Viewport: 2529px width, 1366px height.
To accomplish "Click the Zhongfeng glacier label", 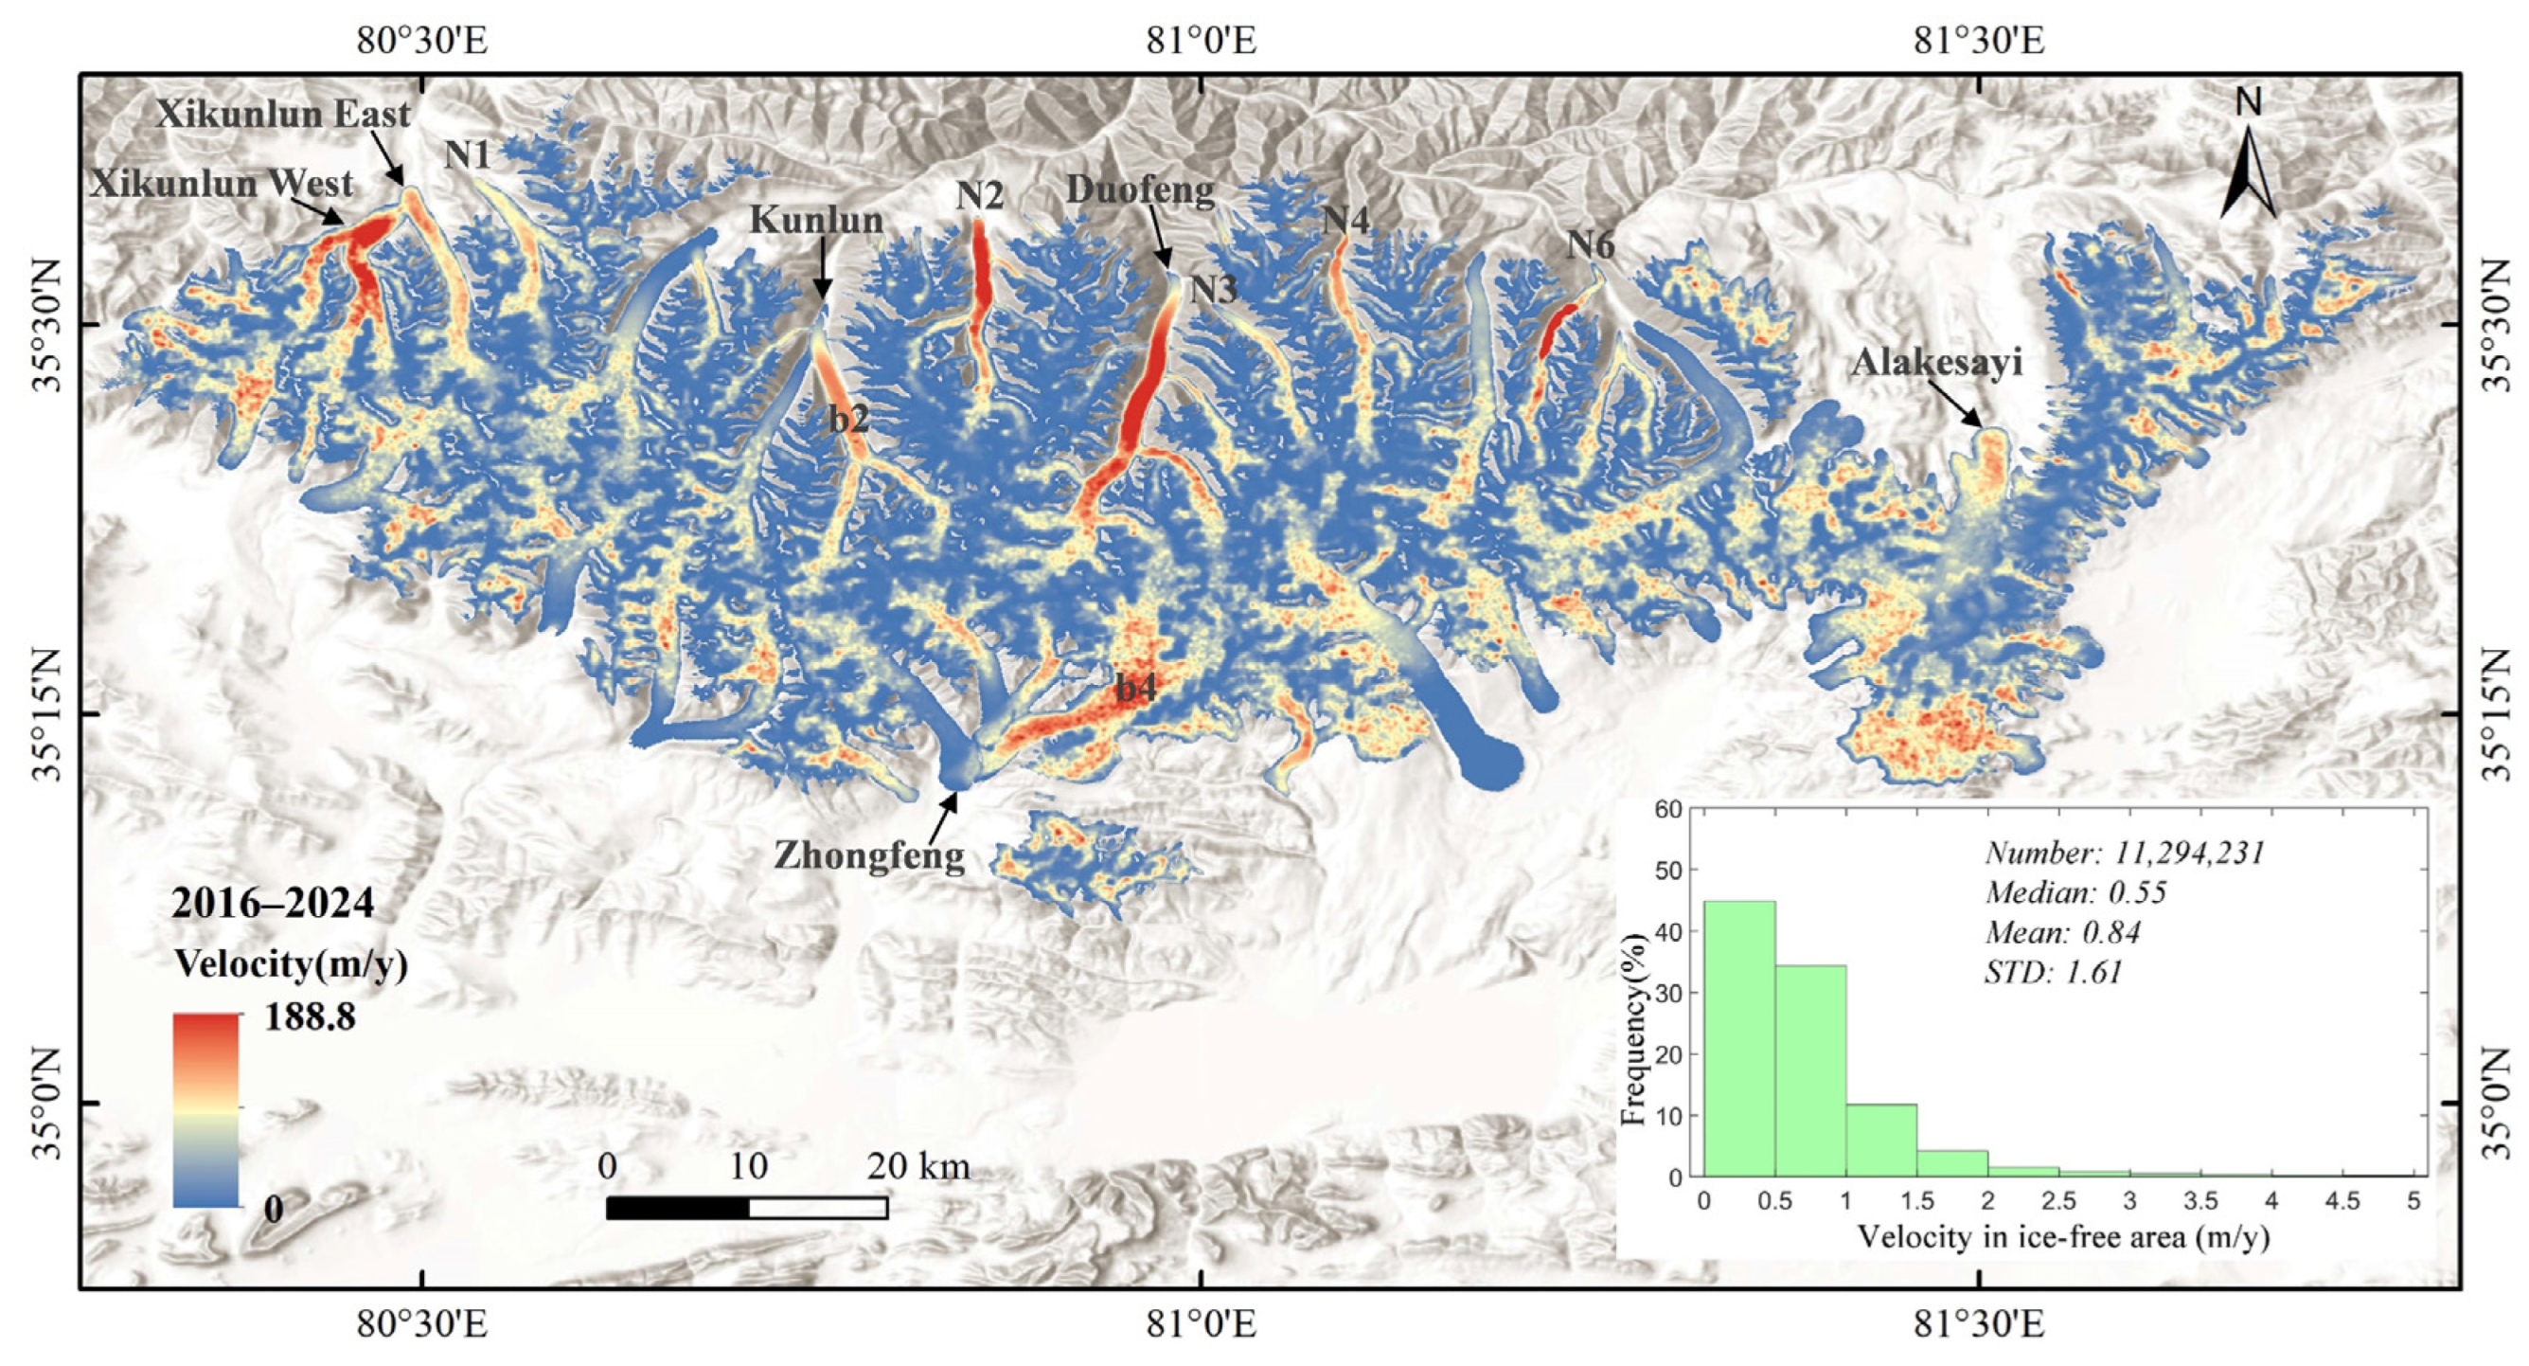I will coord(870,855).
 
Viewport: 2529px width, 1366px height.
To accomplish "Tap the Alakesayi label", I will coord(1937,364).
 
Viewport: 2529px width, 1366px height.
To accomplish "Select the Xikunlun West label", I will coord(221,184).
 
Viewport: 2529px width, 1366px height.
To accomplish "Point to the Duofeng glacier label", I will coord(1140,189).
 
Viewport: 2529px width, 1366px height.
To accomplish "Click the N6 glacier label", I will coord(1590,244).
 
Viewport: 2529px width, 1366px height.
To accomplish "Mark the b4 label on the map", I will coord(1136,689).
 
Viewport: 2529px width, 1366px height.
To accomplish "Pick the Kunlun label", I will coord(817,220).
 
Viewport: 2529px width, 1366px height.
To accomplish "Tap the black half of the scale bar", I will coord(677,1208).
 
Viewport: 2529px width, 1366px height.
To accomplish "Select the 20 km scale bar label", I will coord(917,1167).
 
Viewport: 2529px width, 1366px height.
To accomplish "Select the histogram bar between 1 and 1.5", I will coord(1881,1140).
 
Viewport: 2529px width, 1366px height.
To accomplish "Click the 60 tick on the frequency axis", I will coord(1668,808).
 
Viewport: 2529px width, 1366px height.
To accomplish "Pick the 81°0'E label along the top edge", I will coord(1201,42).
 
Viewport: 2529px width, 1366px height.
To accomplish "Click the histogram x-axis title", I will coord(2064,1236).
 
